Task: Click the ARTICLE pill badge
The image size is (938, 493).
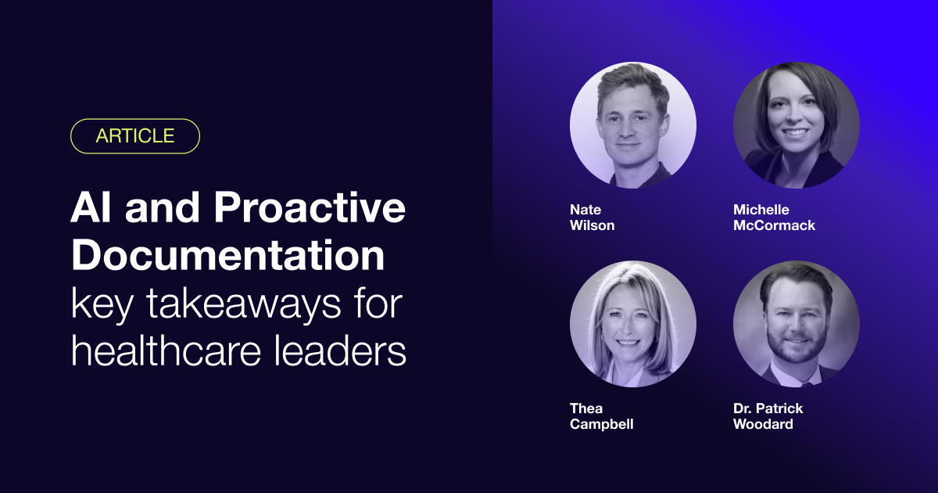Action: point(134,136)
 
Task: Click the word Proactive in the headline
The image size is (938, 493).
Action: point(310,207)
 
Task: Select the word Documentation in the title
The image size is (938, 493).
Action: point(227,255)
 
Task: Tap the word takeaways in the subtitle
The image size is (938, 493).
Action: point(243,303)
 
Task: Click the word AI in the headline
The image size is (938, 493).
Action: point(91,207)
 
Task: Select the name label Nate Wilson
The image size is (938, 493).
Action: point(593,218)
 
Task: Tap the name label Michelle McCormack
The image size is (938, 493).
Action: point(774,218)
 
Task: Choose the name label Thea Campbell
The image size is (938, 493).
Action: point(601,416)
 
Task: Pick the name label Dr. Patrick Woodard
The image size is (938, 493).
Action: point(768,416)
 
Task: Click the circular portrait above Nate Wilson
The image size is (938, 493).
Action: point(633,125)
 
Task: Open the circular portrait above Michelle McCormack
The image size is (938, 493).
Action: point(797,125)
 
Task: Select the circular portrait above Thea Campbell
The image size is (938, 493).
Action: point(633,324)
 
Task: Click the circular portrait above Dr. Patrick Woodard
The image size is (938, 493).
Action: point(797,324)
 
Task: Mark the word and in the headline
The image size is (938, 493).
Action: point(162,207)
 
